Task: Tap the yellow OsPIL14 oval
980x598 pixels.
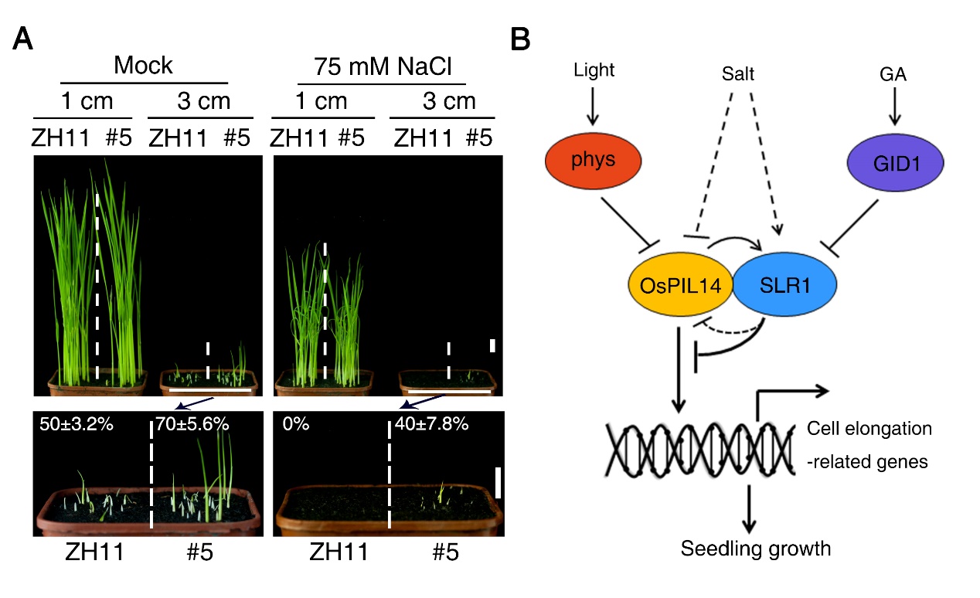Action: (x=681, y=286)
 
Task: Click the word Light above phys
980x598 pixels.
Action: (x=594, y=71)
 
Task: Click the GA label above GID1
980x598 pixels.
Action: (x=894, y=73)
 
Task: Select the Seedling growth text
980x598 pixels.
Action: (x=755, y=549)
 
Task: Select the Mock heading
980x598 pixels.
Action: (x=143, y=66)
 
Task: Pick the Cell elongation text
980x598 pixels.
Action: (x=869, y=429)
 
